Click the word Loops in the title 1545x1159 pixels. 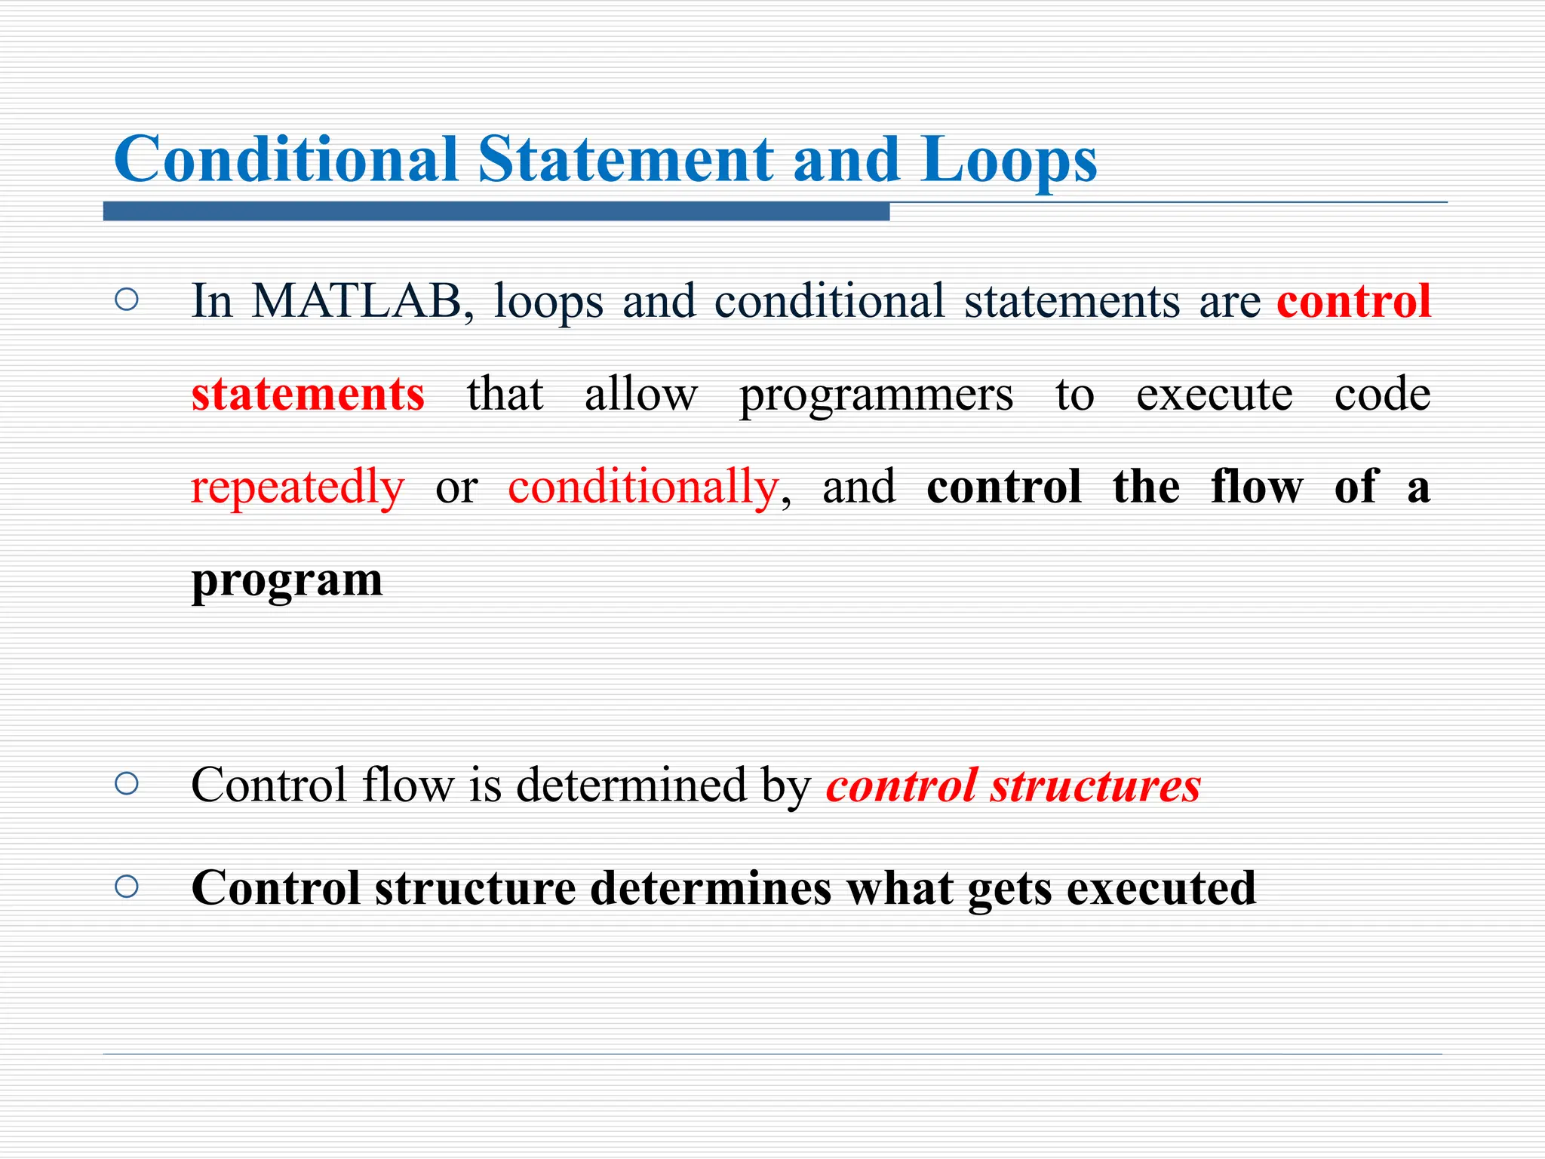pos(1009,160)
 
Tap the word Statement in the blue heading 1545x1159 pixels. pos(625,160)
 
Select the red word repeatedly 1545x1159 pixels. pos(297,487)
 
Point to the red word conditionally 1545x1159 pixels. pos(643,487)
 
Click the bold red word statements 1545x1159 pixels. pos(308,394)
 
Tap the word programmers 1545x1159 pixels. pos(876,395)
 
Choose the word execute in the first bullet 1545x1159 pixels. pos(1214,394)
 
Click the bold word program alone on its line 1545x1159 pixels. pos(287,581)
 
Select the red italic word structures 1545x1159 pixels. pos(1095,785)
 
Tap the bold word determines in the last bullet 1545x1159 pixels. pos(711,887)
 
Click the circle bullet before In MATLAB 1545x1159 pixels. pos(127,300)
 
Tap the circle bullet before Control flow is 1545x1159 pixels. pos(127,784)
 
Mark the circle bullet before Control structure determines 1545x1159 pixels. pos(127,887)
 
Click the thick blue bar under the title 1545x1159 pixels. pos(496,212)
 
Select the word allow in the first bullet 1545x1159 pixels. pos(640,394)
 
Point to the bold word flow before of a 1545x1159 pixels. pos(1256,487)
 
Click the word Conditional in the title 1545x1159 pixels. pos(286,160)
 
